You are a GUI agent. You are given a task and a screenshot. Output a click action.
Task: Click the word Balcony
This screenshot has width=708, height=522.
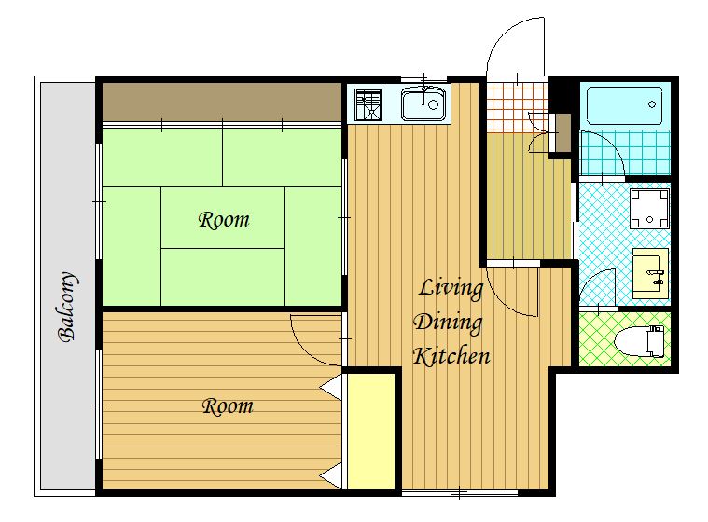(x=68, y=307)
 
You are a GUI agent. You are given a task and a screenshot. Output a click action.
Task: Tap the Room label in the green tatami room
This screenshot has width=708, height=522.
(x=224, y=220)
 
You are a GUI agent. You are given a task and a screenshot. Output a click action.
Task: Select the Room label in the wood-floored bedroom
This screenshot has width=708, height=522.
(x=228, y=406)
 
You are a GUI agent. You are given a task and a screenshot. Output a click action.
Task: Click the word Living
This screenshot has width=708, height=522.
(x=451, y=289)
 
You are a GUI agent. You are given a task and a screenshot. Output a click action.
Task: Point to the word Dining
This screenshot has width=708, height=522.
(x=448, y=323)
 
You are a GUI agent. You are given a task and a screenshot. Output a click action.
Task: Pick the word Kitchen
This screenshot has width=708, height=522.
(x=451, y=356)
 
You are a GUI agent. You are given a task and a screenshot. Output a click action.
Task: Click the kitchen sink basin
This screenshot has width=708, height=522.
(x=423, y=104)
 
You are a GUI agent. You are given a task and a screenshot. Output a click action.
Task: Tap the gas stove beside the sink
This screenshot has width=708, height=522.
(x=368, y=104)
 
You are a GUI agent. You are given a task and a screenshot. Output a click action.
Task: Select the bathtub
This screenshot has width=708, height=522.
(x=624, y=106)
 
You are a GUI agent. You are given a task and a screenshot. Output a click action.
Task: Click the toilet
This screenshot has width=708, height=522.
(x=640, y=341)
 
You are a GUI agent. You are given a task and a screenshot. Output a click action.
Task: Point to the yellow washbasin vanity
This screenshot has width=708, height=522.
(x=650, y=273)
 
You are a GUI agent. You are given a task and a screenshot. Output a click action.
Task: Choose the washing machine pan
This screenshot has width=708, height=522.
(x=650, y=209)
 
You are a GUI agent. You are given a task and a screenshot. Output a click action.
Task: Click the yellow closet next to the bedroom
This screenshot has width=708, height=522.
(x=371, y=432)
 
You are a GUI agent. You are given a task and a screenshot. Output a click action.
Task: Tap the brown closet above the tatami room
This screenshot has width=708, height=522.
(x=222, y=102)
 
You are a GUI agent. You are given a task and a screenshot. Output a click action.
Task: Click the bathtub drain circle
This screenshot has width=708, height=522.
(x=651, y=104)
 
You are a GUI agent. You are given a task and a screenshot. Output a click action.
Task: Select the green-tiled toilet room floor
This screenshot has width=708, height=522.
(x=625, y=338)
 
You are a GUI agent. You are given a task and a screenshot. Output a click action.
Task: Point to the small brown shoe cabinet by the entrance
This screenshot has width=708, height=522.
(x=562, y=133)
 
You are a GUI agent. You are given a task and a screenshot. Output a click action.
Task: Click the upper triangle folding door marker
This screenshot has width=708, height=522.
(x=331, y=387)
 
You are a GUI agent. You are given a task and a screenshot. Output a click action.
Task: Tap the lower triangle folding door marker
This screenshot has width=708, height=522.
(x=331, y=475)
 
